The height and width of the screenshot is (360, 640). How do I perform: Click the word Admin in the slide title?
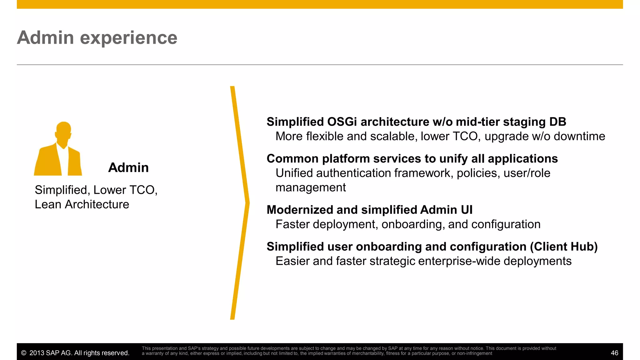point(45,38)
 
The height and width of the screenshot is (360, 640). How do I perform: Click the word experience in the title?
point(128,38)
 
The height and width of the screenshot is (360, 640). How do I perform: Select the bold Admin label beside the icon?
point(128,168)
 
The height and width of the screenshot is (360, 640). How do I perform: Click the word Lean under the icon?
point(48,204)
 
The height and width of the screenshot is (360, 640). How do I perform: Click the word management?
point(310,187)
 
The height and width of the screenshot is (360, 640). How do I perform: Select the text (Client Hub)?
point(563,247)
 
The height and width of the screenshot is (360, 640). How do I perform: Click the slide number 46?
point(614,353)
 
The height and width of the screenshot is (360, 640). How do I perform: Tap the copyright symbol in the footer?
point(24,353)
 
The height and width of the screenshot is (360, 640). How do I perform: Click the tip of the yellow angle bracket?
point(248,203)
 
